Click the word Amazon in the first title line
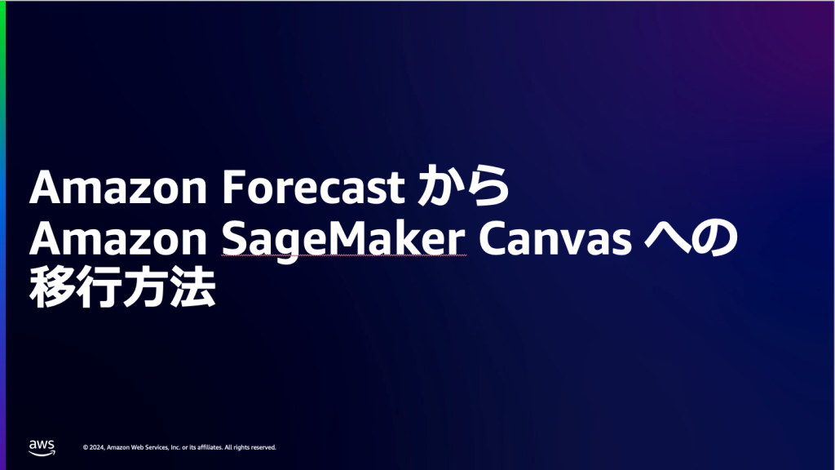(x=118, y=187)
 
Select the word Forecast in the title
(x=313, y=187)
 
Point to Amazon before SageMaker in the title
(x=118, y=238)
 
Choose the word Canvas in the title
(x=555, y=238)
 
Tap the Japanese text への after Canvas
(x=691, y=237)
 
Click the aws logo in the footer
(x=42, y=448)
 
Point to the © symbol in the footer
(x=85, y=448)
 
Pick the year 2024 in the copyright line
(x=96, y=448)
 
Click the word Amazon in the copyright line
(x=118, y=448)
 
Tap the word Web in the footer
(x=137, y=448)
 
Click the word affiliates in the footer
(x=210, y=448)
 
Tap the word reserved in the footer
(x=263, y=448)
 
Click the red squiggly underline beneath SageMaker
(x=344, y=255)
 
